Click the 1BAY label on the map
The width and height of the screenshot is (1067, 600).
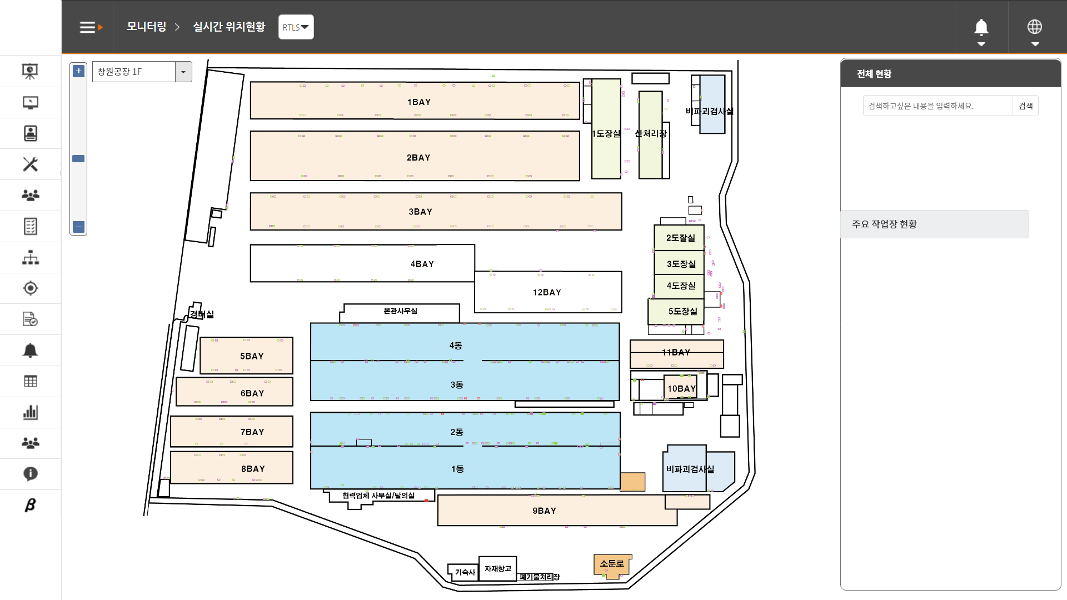pos(418,102)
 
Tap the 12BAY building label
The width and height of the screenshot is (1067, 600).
pos(547,292)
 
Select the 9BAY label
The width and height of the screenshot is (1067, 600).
pos(544,511)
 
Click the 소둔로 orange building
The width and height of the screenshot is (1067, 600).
pos(612,564)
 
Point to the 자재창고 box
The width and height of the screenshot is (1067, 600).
pos(497,569)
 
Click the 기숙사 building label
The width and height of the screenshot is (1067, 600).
pos(465,572)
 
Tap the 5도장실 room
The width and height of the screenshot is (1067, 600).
pos(682,312)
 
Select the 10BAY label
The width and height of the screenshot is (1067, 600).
pos(681,389)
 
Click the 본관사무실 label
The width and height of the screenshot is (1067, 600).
pos(400,311)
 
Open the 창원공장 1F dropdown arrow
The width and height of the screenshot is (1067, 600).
pos(183,72)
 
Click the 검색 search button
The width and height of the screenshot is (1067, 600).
pos(1025,106)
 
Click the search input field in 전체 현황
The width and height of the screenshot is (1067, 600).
pos(938,106)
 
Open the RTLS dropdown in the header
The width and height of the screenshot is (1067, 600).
pos(296,27)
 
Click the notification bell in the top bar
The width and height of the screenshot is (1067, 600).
pos(981,27)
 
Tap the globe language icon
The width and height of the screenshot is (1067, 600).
pos(1034,27)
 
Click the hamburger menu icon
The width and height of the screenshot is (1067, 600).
pos(88,27)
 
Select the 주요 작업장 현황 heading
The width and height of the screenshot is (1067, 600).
pos(884,224)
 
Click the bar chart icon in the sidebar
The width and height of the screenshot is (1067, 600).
pos(31,412)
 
